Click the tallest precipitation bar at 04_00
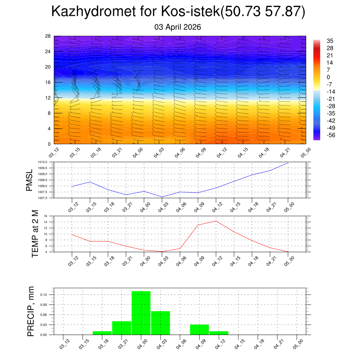pos(141,313)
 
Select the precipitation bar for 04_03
pos(161,323)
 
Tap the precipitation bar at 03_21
pos(122,328)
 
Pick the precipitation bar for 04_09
pos(199,329)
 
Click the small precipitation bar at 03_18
pos(102,333)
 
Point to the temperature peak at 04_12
pos(216,221)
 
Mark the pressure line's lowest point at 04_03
pos(162,197)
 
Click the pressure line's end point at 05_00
pos(288,163)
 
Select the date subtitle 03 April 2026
pos(178,27)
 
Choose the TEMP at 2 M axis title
pos(35,234)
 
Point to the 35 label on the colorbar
pos(330,41)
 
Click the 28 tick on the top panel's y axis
pos(48,36)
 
